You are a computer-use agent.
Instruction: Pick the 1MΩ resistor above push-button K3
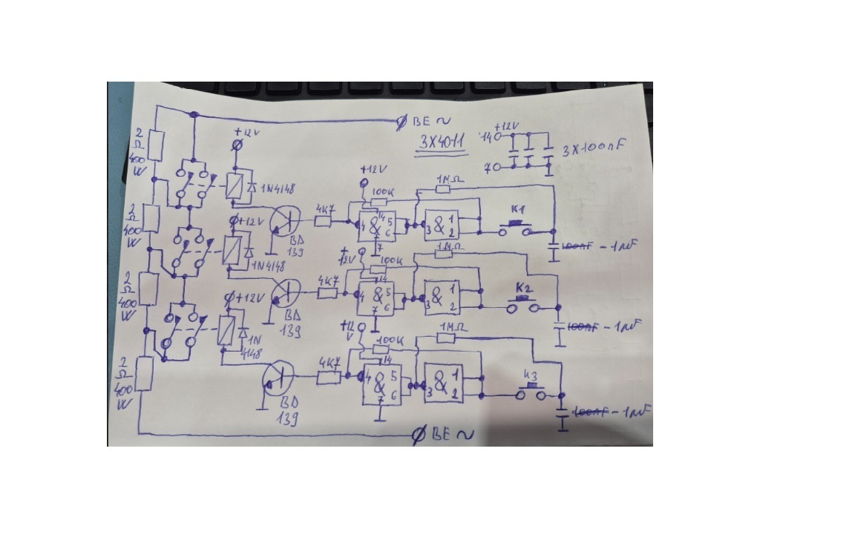pos(445,338)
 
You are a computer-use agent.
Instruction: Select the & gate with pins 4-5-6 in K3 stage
pos(380,385)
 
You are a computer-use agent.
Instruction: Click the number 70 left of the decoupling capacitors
pos(491,168)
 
